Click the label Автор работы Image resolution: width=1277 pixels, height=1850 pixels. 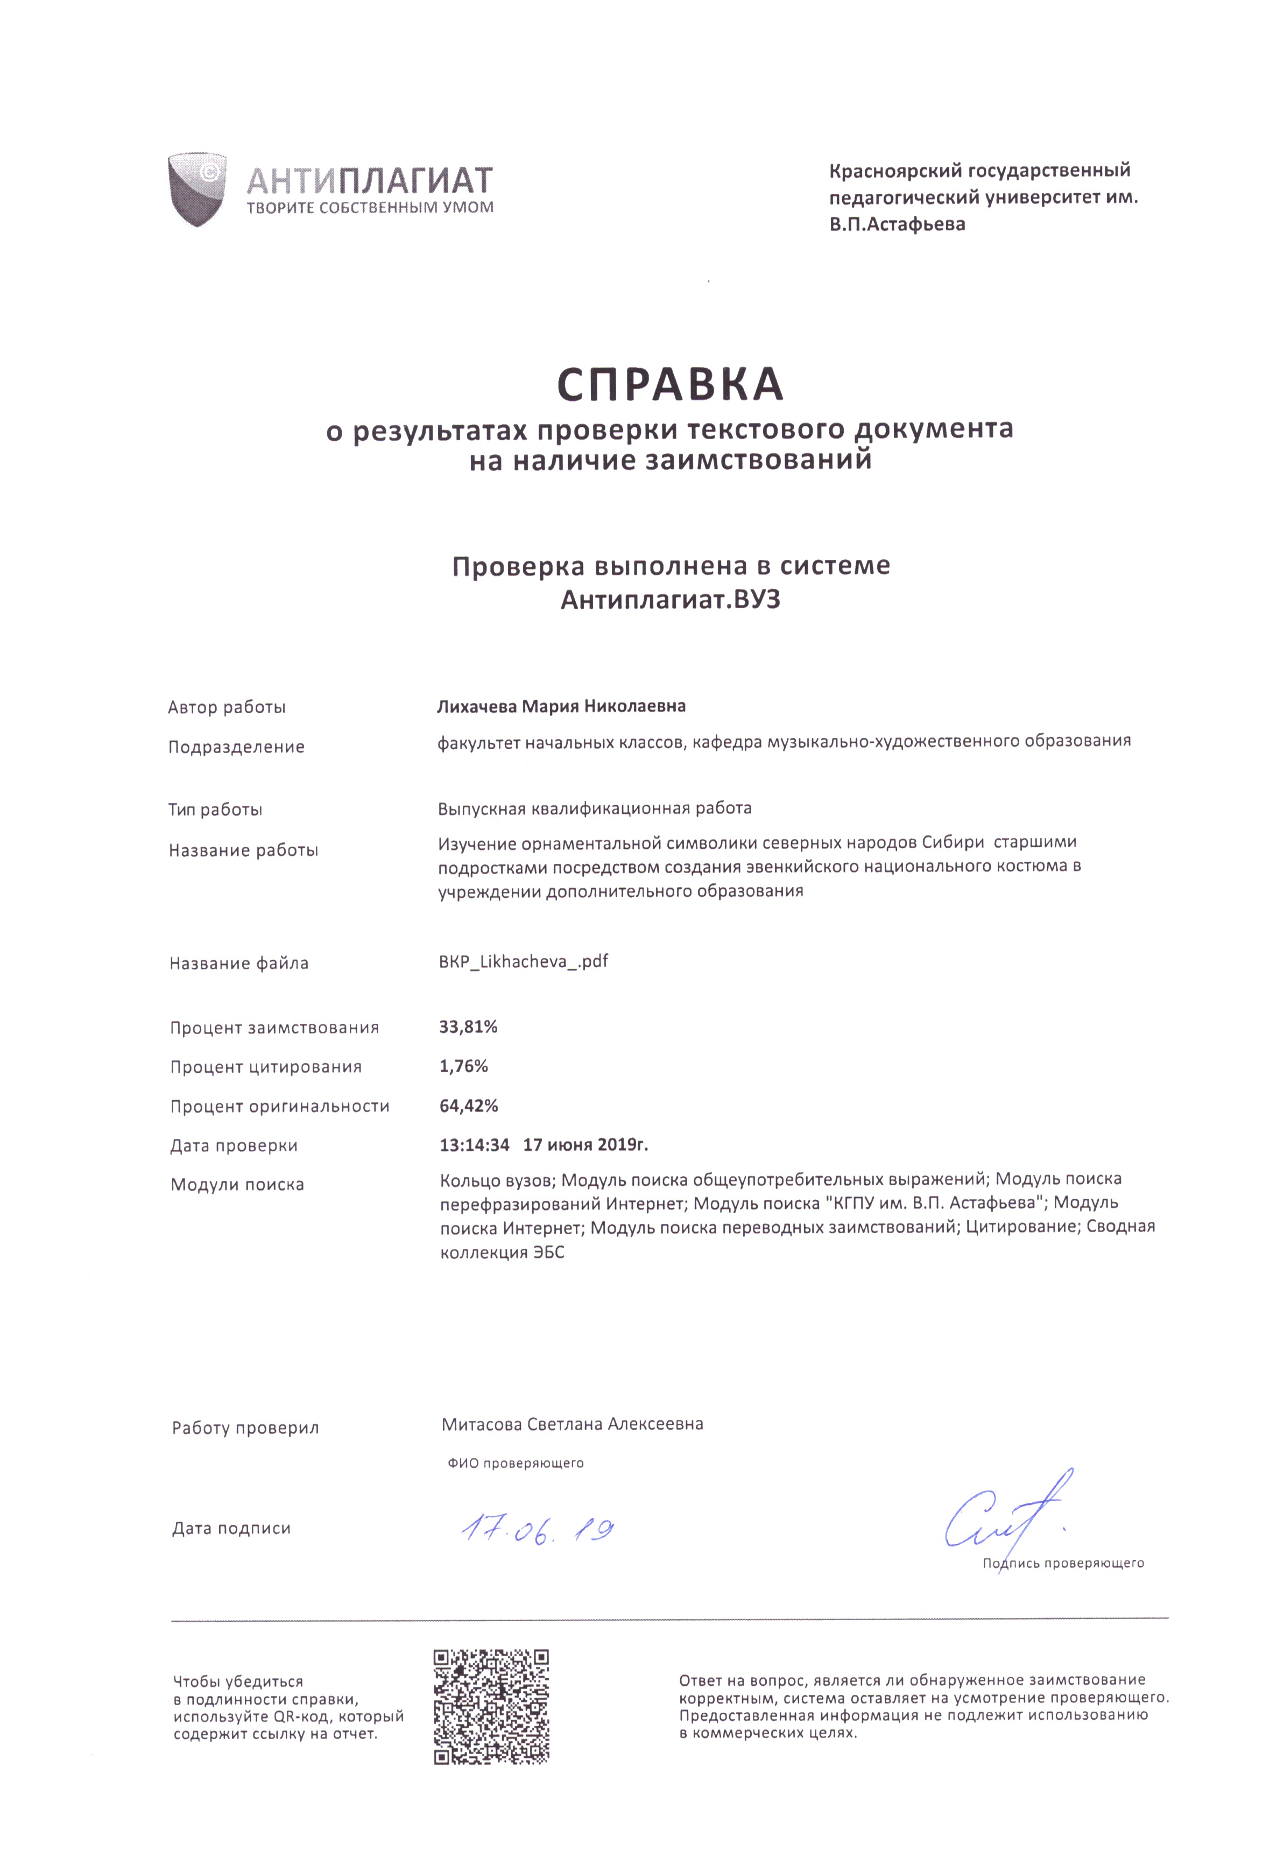227,707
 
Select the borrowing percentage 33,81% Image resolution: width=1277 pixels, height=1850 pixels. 468,1026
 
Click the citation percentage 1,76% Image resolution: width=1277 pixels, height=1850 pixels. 463,1066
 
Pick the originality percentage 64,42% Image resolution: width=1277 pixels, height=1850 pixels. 469,1106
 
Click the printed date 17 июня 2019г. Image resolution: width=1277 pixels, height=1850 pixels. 585,1145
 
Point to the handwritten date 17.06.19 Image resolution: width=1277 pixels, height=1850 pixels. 538,1531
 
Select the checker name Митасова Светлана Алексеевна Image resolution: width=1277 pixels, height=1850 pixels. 572,1424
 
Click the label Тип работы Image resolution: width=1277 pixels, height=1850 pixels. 215,809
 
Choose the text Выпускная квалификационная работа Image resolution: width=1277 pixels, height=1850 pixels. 595,807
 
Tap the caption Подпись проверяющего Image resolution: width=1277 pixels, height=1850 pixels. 1063,1563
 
